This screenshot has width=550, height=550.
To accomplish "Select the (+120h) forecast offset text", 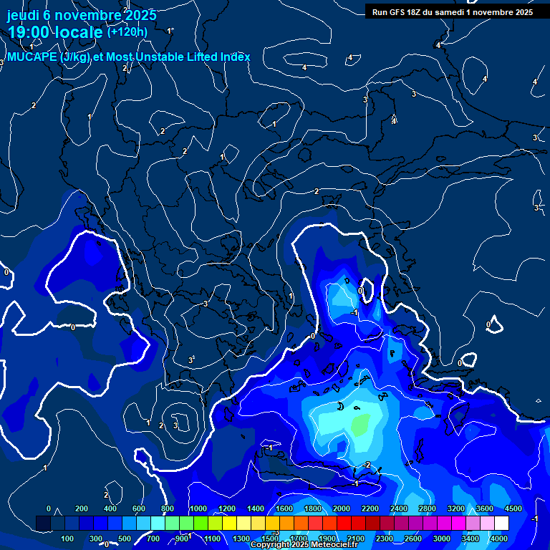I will pyautogui.click(x=127, y=31).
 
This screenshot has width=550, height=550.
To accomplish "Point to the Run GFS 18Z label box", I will pyautogui.click(x=451, y=11).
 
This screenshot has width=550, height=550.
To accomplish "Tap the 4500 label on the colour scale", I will pyautogui.click(x=513, y=508).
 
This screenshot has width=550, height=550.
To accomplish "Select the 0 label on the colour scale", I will pyautogui.click(x=49, y=508).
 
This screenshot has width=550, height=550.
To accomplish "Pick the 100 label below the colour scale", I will pyautogui.click(x=67, y=538).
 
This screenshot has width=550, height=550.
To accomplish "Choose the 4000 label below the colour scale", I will pyautogui.click(x=498, y=538).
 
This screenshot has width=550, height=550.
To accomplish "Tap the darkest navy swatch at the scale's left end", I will pyautogui.click(x=43, y=524).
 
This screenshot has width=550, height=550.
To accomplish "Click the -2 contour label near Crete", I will pyautogui.click(x=366, y=465).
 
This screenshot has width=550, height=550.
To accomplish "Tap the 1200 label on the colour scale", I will pyautogui.click(x=226, y=508).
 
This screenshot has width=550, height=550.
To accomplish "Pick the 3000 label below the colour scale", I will pyautogui.click(x=441, y=538).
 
